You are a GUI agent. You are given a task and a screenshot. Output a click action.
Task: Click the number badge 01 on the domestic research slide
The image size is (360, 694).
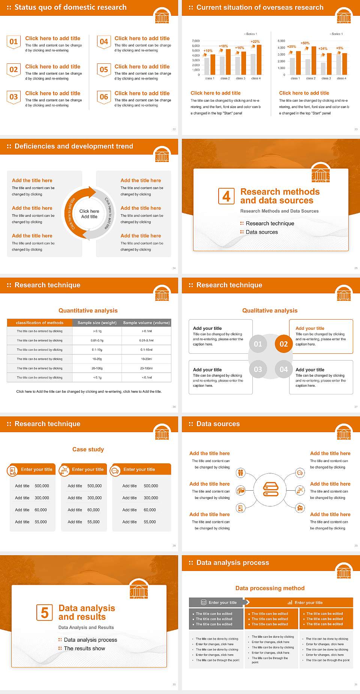pos(13,42)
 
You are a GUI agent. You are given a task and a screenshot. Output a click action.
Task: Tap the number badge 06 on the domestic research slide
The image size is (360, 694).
pos(104,97)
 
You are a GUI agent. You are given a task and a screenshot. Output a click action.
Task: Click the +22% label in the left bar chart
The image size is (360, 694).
pos(255,42)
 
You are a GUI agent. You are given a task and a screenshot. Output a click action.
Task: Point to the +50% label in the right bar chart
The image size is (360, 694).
pos(305,43)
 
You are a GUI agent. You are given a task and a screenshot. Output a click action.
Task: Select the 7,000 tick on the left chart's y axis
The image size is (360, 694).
pos(196,41)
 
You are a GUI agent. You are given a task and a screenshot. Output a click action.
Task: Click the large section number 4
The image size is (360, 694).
pos(226,196)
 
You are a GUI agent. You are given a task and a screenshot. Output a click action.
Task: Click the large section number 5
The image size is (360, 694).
pos(45,613)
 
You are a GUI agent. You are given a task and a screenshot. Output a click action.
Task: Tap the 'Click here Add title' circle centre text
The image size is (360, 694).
pos(89,214)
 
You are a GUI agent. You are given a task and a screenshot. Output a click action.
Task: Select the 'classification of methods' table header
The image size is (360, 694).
pos(39,323)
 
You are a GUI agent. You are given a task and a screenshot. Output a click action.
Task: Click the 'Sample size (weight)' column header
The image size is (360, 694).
pos(97,323)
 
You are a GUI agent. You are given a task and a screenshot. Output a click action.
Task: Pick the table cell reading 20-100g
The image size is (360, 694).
pos(97,368)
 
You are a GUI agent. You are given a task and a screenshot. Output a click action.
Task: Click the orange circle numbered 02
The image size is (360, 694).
pos(284,344)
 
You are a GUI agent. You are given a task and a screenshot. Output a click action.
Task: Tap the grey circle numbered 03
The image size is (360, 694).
pos(258,370)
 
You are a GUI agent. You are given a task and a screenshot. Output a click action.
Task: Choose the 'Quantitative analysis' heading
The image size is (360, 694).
pos(88,311)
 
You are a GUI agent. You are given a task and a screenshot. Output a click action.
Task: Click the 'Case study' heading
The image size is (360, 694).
pos(88,449)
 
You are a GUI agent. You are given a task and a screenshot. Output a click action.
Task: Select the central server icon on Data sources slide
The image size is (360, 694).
pos(271,489)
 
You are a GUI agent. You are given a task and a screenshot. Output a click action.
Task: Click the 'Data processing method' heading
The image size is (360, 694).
pos(270,588)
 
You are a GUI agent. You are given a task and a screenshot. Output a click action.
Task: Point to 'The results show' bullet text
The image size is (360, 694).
pos(84,648)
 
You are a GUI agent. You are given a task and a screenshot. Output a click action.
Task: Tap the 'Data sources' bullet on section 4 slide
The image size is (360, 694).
pos(262,232)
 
